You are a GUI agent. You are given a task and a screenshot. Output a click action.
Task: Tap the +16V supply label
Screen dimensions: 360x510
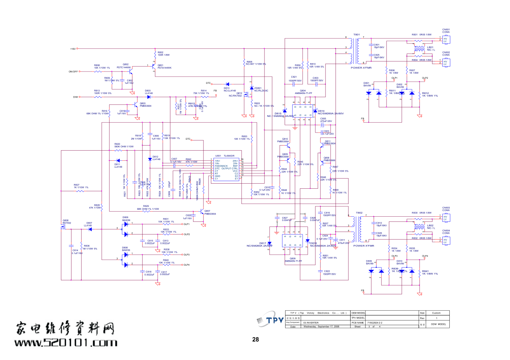[73, 49]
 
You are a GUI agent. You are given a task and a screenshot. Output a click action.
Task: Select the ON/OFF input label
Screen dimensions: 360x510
[73, 71]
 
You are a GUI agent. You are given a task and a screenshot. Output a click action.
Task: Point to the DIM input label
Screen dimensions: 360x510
[75, 97]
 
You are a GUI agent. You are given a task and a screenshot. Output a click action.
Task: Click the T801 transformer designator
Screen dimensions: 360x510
[356, 35]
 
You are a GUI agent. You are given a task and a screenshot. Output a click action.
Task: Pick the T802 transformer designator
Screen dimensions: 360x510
[359, 213]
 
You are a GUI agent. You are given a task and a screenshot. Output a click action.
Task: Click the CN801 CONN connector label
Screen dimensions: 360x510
[446, 31]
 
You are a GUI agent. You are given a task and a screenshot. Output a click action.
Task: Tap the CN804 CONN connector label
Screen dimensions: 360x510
[446, 232]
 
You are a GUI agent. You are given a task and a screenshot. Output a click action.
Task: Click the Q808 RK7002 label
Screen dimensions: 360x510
[66, 222]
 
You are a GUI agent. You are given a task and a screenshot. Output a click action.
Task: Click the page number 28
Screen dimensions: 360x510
[255, 339]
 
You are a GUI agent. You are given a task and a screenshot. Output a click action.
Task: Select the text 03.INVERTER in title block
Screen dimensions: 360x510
[311, 323]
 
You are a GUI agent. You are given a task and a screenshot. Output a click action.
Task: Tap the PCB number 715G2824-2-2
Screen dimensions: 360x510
[375, 323]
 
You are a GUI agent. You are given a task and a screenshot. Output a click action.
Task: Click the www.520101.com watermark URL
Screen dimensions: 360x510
[66, 343]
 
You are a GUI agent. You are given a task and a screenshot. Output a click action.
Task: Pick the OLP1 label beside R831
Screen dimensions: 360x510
[187, 224]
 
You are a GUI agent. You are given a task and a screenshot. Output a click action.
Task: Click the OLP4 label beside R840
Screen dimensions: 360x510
[187, 265]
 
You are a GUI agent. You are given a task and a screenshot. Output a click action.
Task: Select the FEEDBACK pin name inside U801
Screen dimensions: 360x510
[221, 166]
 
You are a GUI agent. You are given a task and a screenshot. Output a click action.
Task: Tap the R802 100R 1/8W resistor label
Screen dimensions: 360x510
[163, 54]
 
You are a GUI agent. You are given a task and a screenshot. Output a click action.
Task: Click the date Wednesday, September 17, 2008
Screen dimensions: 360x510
[321, 327]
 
